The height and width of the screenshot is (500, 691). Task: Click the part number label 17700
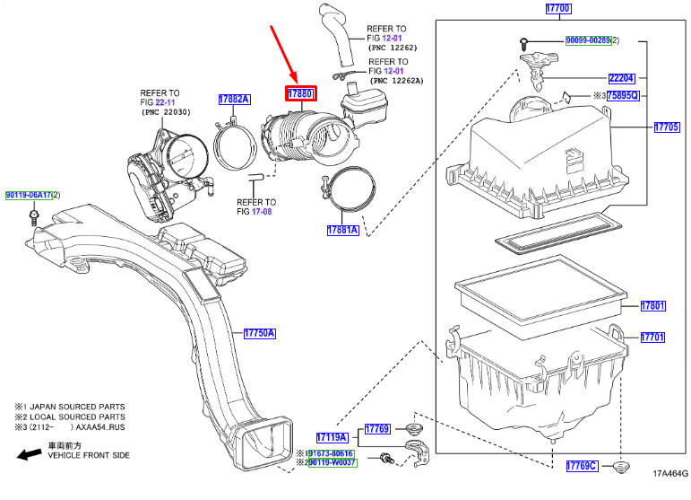[558, 8]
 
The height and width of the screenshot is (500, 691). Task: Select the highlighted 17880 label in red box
[300, 93]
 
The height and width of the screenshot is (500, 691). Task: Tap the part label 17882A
[235, 100]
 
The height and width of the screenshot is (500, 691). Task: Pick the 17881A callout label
[343, 230]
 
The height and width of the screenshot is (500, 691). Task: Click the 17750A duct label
[260, 333]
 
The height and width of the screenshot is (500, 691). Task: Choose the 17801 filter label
[653, 305]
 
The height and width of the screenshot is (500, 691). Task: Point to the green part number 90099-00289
[588, 40]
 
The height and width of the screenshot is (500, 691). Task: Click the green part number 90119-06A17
[29, 195]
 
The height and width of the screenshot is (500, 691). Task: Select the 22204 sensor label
[622, 78]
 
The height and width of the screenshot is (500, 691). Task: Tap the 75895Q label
[623, 95]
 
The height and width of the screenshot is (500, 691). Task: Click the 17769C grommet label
[582, 466]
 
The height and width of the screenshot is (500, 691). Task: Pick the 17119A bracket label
[333, 437]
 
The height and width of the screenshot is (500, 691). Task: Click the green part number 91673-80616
[331, 453]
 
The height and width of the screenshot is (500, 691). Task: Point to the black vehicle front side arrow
[30, 454]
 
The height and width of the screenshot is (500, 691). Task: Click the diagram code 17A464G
[670, 474]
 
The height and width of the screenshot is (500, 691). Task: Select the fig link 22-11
[165, 102]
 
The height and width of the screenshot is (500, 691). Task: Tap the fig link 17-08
[262, 211]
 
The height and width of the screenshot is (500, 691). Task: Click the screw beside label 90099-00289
[524, 44]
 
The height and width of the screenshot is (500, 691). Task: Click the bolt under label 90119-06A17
[33, 217]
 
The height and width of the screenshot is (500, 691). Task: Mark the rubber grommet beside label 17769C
[621, 467]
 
